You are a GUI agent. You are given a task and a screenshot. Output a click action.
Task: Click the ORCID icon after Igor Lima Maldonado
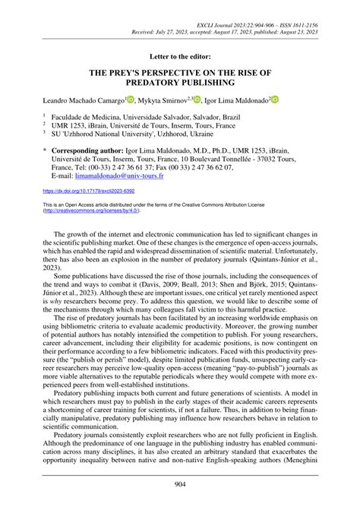point(275,99)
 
